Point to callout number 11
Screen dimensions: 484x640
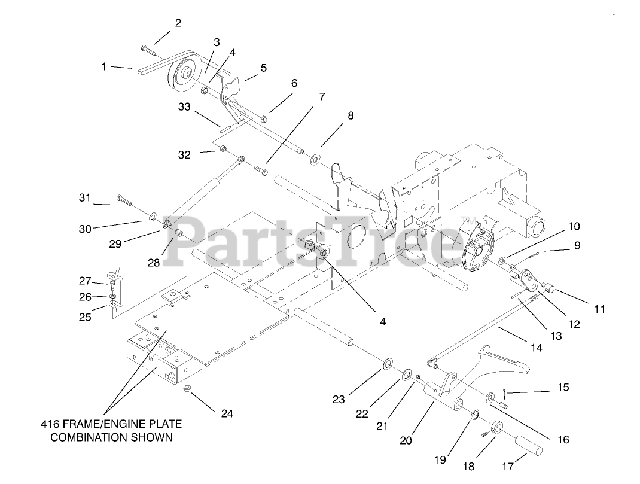pos(599,309)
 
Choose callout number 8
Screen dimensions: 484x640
pos(351,115)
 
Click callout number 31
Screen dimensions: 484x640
pos(84,198)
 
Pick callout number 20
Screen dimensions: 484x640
pos(406,440)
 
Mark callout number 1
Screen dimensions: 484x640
pos(104,67)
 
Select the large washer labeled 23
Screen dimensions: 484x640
pos(388,364)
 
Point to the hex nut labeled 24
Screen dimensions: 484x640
pos(187,389)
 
